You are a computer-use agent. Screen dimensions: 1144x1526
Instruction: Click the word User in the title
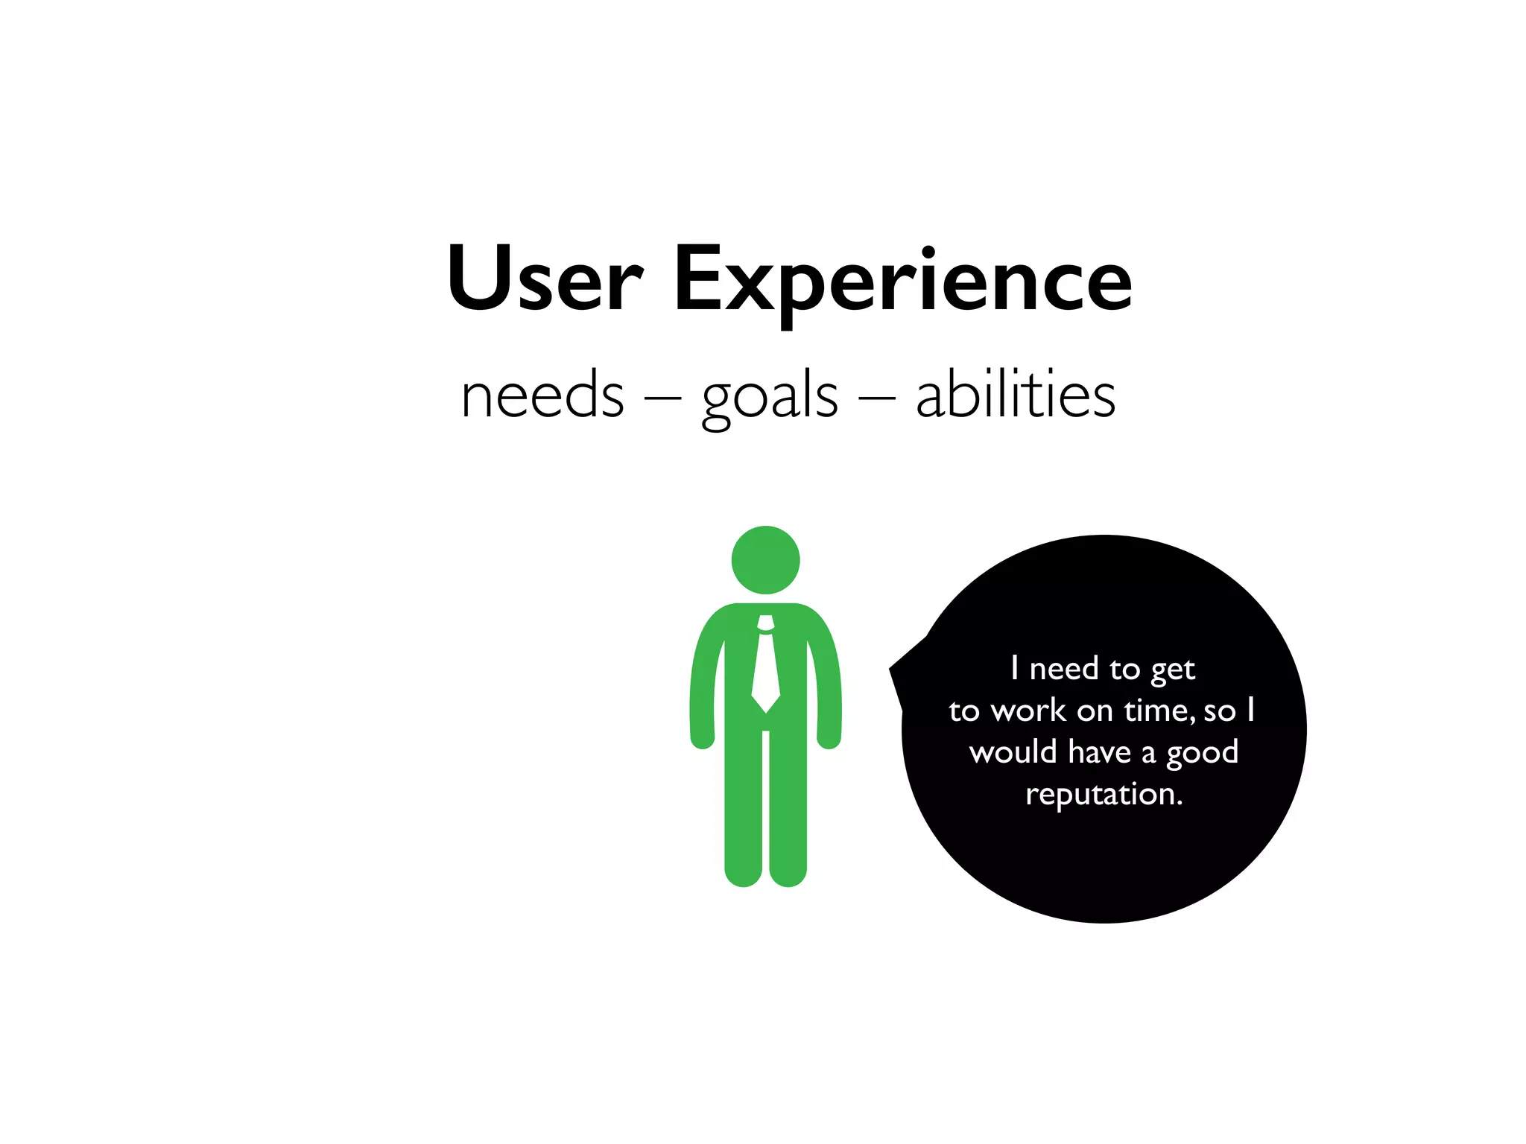(545, 279)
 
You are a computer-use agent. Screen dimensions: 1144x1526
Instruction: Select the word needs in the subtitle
(542, 395)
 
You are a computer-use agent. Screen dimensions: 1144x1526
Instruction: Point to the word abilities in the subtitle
(1016, 394)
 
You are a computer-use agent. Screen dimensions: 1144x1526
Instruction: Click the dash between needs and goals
(662, 398)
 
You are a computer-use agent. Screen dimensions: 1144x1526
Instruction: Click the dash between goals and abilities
(877, 398)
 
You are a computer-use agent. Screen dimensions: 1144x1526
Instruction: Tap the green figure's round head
(765, 560)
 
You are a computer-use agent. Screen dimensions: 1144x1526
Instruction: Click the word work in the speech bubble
(1028, 711)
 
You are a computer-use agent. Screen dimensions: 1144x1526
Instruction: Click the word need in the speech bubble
(1064, 669)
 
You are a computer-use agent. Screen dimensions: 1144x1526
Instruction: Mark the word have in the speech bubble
(1100, 752)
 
